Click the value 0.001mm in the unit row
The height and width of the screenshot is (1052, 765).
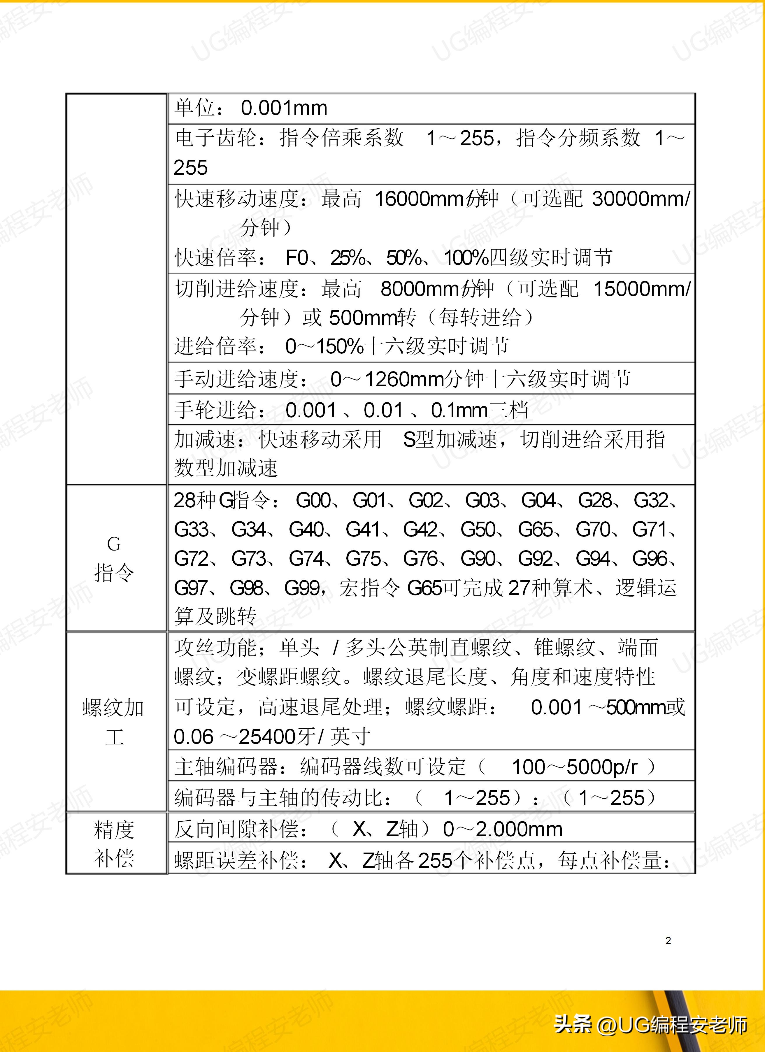284,108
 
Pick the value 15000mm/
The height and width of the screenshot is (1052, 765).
642,289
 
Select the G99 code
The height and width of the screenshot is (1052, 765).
301,588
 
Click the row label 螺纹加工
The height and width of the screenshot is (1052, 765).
114,722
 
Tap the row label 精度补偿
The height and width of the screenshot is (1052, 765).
114,843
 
